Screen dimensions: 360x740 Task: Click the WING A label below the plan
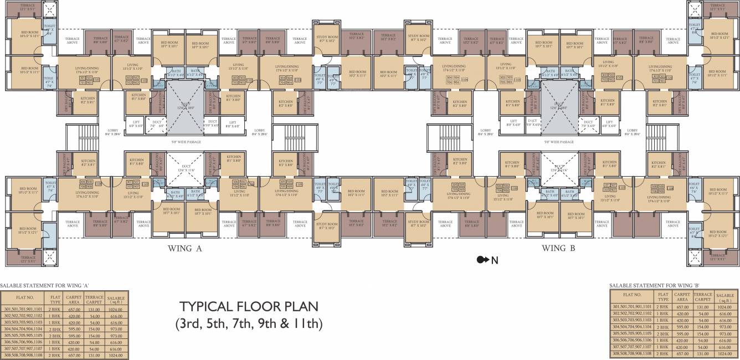click(184, 249)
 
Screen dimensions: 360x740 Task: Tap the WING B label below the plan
click(558, 249)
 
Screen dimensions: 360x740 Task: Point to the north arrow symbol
click(482, 260)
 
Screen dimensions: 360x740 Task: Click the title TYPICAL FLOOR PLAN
click(248, 307)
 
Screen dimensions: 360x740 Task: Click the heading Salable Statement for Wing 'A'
click(45, 285)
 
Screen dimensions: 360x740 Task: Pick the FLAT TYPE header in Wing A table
click(55, 299)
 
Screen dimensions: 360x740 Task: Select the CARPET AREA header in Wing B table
click(682, 297)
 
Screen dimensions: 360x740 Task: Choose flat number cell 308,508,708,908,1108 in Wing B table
click(632, 353)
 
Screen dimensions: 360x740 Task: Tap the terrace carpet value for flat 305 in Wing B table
click(703, 334)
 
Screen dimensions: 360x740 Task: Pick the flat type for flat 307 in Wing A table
click(55, 349)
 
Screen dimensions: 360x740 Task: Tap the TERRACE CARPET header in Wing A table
click(95, 299)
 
